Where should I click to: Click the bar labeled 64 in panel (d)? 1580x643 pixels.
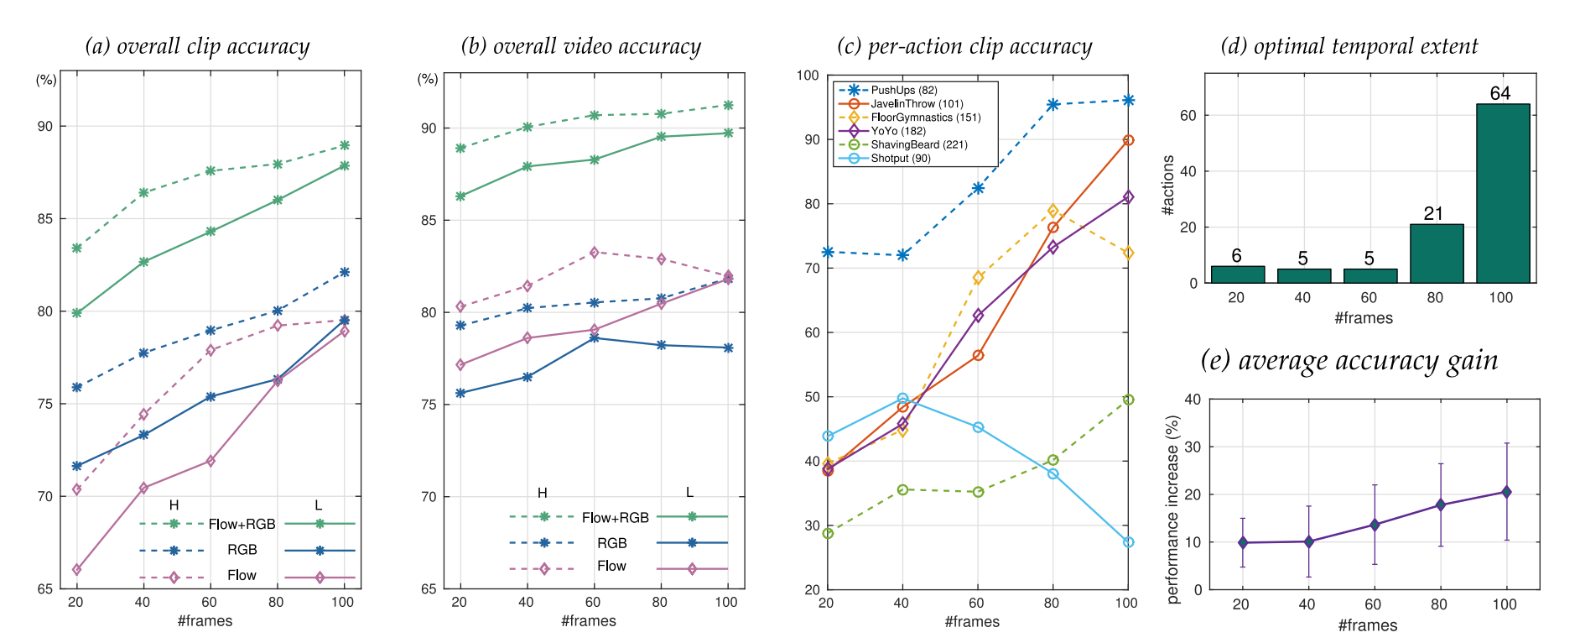click(x=1502, y=193)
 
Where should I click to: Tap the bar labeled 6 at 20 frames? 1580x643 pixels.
click(x=1237, y=274)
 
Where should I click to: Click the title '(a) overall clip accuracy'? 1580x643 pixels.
click(x=197, y=46)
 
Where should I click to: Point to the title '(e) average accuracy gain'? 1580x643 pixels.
click(x=1349, y=361)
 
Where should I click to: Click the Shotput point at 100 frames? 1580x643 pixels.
click(x=1128, y=542)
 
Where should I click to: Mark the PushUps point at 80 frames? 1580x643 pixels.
click(x=1052, y=105)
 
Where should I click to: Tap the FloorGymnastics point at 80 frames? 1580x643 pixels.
click(x=1052, y=211)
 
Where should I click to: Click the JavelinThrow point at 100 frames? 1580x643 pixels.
click(x=1128, y=140)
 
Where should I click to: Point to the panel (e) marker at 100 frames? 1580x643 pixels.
click(x=1506, y=492)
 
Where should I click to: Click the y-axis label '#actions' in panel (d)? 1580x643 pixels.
click(x=1168, y=186)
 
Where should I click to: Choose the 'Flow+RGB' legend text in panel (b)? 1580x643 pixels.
click(x=615, y=518)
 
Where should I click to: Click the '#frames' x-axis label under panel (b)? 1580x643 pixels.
click(x=589, y=621)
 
